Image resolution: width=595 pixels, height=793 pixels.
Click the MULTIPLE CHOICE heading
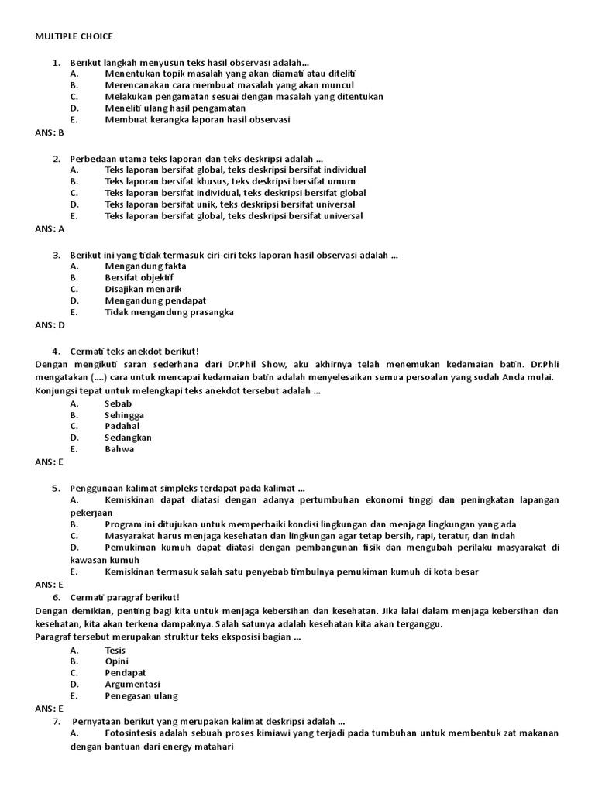coord(74,36)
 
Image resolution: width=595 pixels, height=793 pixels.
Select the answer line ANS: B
coord(50,132)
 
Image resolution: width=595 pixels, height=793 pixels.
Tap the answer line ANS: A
coord(50,228)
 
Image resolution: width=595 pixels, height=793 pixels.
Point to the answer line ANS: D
coord(50,325)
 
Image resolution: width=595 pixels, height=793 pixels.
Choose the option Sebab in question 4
coord(119,403)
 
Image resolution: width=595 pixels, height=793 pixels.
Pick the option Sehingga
coord(124,415)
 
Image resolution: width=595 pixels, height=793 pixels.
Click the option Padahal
coord(122,426)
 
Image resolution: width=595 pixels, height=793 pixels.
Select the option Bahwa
coord(119,448)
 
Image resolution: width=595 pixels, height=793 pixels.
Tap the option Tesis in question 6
coord(115,651)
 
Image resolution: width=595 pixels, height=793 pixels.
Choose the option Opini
coord(116,661)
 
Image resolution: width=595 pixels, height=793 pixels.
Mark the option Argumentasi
coord(132,685)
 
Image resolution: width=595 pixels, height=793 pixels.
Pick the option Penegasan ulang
coord(141,695)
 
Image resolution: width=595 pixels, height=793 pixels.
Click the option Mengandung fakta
coord(146,266)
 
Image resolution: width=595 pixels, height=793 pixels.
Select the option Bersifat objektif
coord(139,277)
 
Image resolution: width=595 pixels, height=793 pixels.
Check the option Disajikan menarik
coord(143,289)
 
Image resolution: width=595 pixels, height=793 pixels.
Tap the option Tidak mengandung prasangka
coord(169,312)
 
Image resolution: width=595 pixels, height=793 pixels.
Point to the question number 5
coord(56,489)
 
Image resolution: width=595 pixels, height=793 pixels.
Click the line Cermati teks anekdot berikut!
coord(135,351)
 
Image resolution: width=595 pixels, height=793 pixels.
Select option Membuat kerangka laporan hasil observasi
coord(198,120)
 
